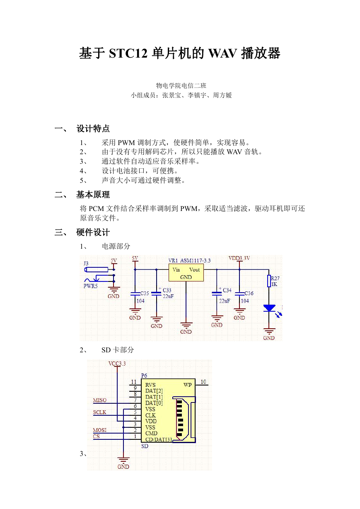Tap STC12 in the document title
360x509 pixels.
pyautogui.click(x=128, y=53)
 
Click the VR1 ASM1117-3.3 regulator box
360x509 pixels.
pyautogui.click(x=186, y=273)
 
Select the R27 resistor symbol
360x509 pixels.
pyautogui.click(x=269, y=281)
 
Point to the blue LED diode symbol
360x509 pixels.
pyautogui.click(x=269, y=308)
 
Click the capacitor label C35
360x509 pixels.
pyautogui.click(x=145, y=293)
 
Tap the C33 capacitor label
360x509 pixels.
pyautogui.click(x=167, y=290)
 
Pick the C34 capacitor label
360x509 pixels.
pyautogui.click(x=227, y=290)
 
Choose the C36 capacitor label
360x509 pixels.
pyautogui.click(x=249, y=293)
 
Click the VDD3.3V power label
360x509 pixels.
pyautogui.click(x=239, y=258)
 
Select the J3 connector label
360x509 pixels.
pyautogui.click(x=86, y=263)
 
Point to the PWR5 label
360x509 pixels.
pyautogui.click(x=90, y=286)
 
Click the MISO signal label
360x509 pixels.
pyautogui.click(x=100, y=400)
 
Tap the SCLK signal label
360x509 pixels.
pyautogui.click(x=99, y=412)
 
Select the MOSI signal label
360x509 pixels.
pyautogui.click(x=100, y=430)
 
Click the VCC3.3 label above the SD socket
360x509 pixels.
pyautogui.click(x=117, y=364)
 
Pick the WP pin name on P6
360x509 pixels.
pyautogui.click(x=188, y=385)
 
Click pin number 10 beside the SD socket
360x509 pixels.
pyautogui.click(x=203, y=382)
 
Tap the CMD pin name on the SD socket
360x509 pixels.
pyautogui.click(x=151, y=433)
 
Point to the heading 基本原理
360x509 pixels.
pyautogui.click(x=93, y=195)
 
